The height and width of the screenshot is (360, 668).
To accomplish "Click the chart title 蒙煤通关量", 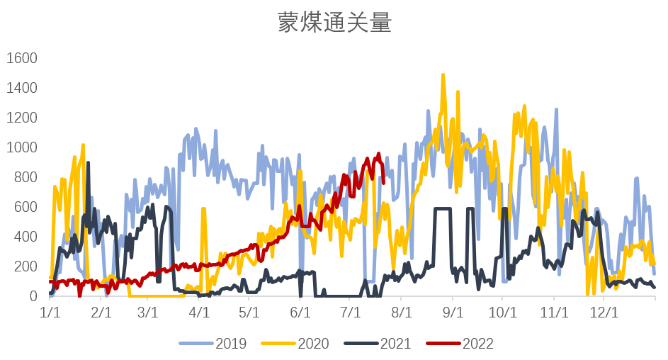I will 334,23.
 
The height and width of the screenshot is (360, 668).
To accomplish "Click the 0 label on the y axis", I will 33,296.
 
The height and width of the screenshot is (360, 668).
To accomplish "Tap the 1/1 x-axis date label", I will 50,313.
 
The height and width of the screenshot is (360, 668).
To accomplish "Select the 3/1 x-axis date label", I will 148,313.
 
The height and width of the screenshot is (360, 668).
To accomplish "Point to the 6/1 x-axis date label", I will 301,313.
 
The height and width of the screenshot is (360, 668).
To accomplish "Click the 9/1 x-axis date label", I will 453,313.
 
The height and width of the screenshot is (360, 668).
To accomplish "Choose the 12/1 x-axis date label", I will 604,313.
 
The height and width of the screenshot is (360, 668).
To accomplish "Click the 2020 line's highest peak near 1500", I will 443,74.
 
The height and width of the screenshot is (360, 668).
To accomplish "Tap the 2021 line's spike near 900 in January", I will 88,163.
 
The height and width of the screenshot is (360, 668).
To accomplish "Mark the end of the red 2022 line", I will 383,182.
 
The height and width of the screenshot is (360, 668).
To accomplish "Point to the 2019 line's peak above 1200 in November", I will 556,110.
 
